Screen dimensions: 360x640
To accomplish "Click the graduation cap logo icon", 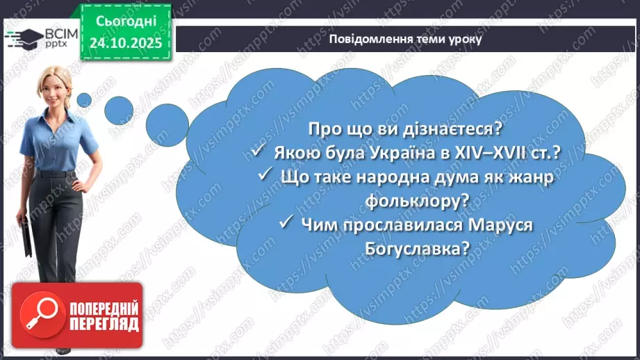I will [18, 37].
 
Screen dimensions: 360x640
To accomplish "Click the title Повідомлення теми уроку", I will [406, 39].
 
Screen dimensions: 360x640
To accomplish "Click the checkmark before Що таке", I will [265, 177].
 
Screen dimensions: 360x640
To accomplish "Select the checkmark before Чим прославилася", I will [286, 224].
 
